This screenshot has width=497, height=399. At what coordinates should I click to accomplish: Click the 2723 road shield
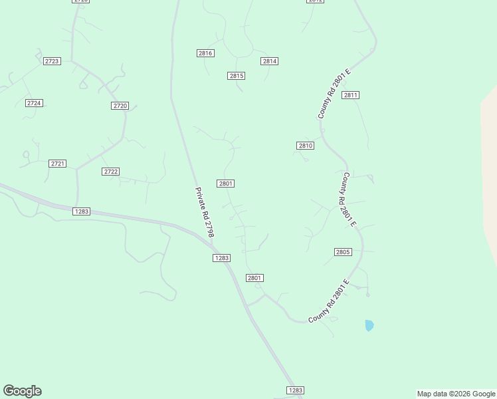tap(52, 61)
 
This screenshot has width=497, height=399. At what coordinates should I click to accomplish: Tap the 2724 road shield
tap(34, 103)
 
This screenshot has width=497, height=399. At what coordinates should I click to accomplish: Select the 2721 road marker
tap(58, 164)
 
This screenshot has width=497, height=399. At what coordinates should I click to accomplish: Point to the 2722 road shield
tap(111, 172)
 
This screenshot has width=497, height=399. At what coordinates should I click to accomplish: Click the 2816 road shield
tap(205, 53)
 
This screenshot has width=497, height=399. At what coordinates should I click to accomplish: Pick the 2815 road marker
tap(237, 76)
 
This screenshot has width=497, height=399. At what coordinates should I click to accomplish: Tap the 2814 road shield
tap(269, 61)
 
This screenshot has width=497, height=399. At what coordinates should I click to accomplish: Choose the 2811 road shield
tap(351, 95)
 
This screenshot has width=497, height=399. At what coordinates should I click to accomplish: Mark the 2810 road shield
tap(305, 146)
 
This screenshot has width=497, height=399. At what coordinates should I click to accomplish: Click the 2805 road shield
tap(343, 252)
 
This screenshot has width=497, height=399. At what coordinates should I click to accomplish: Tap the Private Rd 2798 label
tap(204, 212)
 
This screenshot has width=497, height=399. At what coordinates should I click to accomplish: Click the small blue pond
tap(369, 325)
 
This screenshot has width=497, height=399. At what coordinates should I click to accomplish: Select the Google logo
tap(22, 391)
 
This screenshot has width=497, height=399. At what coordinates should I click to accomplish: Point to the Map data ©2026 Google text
tap(456, 394)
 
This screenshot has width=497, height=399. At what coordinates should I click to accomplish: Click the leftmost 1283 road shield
tap(81, 211)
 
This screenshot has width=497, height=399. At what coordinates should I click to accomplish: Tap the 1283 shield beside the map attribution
tap(296, 390)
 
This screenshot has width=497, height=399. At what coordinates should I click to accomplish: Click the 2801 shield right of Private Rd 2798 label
tap(225, 184)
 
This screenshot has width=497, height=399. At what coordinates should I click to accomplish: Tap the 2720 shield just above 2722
tap(120, 106)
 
